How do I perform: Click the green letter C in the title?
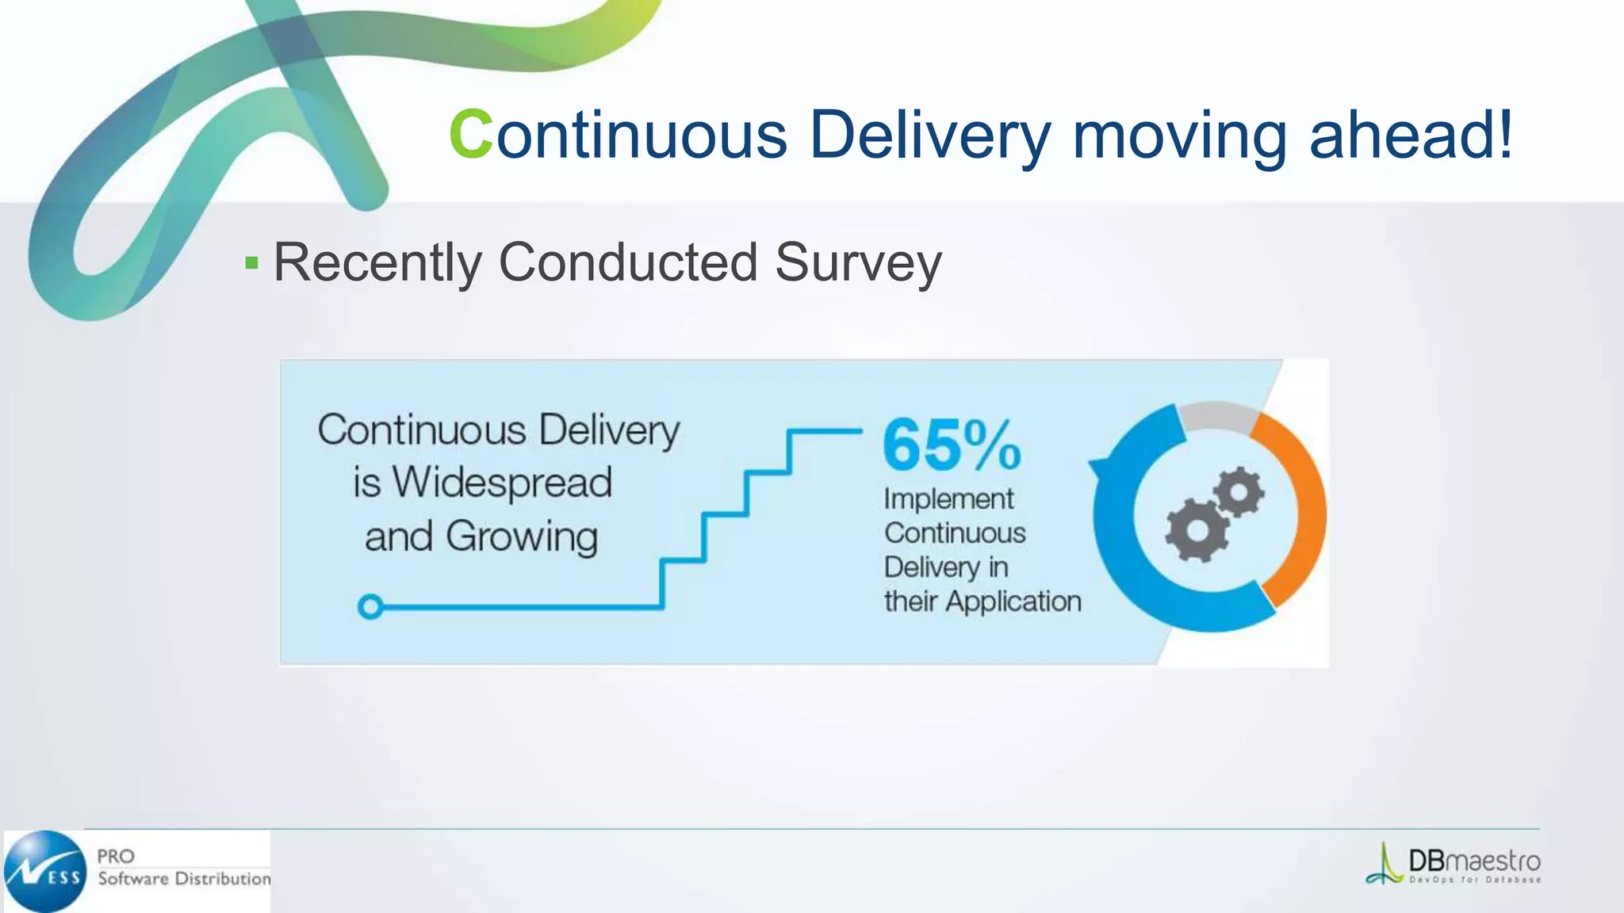[471, 135]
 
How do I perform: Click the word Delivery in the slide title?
[929, 135]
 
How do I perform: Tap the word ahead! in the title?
[1411, 135]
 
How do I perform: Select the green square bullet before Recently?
[252, 263]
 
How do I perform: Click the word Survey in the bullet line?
[858, 262]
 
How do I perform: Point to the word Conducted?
[628, 262]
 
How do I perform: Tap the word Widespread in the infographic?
[501, 483]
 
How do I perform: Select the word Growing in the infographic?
[521, 537]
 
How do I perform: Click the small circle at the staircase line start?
[370, 607]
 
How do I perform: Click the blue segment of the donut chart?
[1126, 555]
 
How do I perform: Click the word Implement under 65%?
[948, 499]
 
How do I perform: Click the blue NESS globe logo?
[46, 872]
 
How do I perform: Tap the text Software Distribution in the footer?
[184, 879]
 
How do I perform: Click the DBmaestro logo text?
[1473, 861]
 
